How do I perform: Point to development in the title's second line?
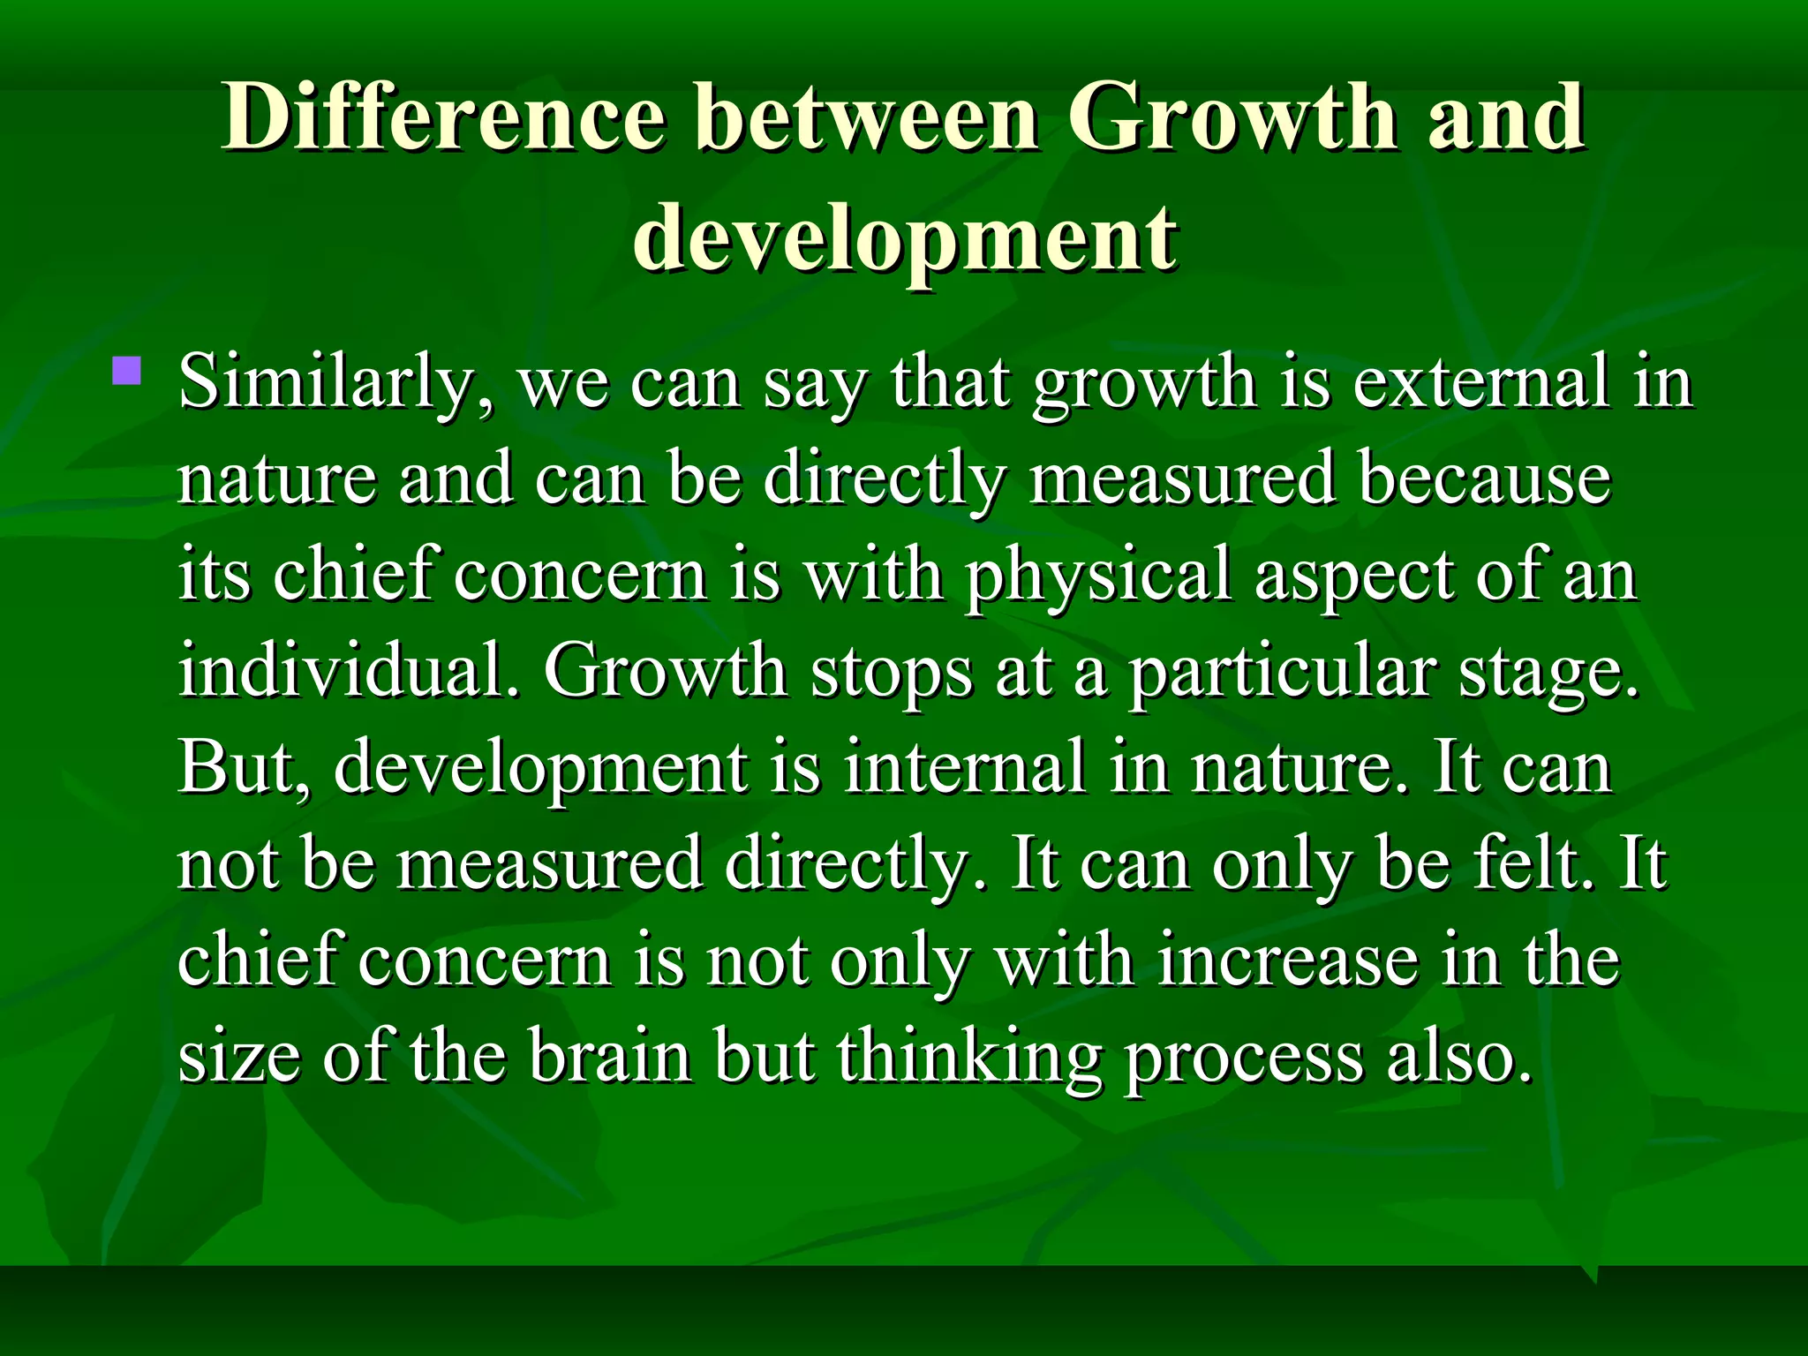coord(904,238)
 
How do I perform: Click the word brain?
coord(610,1056)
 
